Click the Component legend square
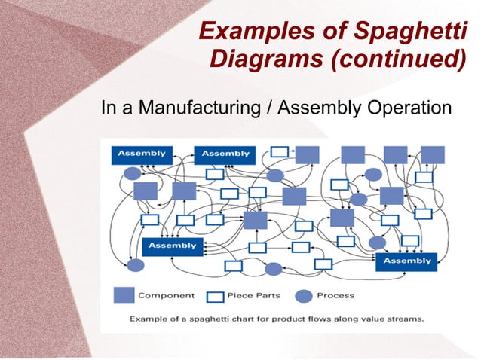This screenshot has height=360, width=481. click(x=124, y=294)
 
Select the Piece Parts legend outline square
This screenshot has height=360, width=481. click(x=218, y=295)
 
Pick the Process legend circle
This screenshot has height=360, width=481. click(x=303, y=294)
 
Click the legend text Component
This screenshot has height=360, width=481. click(x=166, y=295)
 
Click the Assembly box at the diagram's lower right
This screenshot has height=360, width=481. click(x=407, y=261)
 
